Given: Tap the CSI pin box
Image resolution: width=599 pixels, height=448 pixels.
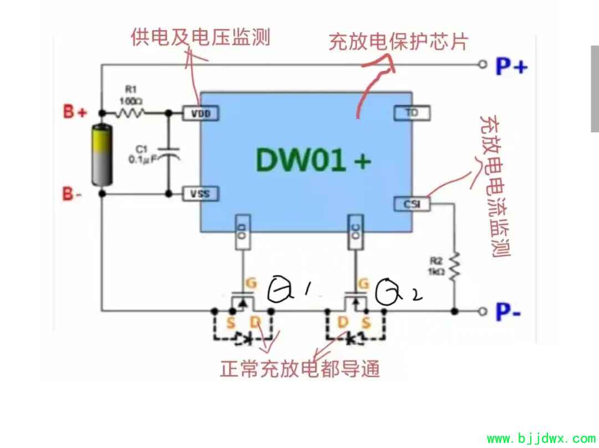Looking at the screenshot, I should tap(412, 204).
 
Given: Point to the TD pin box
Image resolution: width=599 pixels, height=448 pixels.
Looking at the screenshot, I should tap(412, 113).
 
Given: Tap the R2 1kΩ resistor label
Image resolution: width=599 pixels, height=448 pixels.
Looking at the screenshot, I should tap(435, 265).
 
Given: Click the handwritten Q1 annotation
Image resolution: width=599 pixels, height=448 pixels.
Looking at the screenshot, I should tap(289, 290).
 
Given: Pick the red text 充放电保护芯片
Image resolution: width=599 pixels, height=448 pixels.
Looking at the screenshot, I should tap(398, 42).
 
